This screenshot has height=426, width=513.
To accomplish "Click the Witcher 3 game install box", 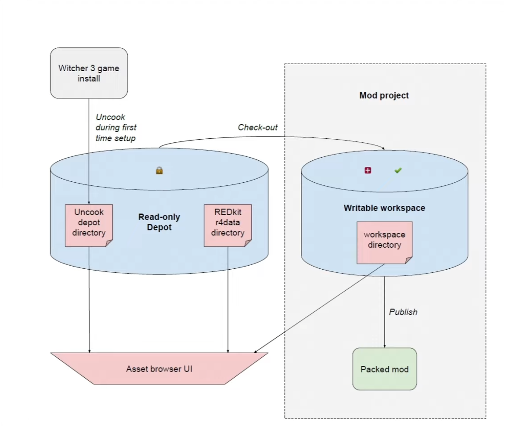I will [89, 73].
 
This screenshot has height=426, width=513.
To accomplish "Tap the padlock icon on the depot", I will [159, 170].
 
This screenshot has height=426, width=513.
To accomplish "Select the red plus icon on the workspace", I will [368, 170].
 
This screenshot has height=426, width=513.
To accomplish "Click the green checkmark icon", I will [398, 170].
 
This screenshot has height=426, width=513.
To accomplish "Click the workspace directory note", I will [384, 242].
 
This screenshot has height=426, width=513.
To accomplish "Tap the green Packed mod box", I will [384, 369].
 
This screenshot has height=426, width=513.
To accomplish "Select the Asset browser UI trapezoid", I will [159, 368].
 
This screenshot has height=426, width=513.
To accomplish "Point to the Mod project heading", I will [384, 95].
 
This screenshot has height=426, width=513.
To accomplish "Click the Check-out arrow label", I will [258, 127].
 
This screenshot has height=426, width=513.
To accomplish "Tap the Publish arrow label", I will [403, 312].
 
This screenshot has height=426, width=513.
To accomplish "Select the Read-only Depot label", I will [159, 222].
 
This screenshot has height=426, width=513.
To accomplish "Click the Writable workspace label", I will [384, 208].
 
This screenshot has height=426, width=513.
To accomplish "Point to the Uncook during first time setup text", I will [116, 127].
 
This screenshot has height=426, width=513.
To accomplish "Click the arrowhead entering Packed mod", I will [385, 346].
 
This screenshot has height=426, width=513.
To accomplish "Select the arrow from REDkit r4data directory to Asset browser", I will [228, 299].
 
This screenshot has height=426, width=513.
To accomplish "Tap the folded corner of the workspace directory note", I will [408, 260].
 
